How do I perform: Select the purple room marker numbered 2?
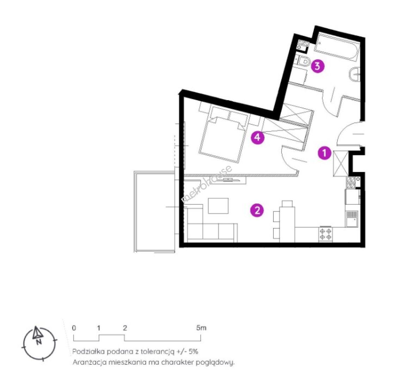click(257, 210)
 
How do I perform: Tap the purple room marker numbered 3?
click(318, 66)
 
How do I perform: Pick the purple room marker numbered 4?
click(257, 137)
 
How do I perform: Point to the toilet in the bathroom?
click(303, 61)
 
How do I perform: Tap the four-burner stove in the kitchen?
click(325, 234)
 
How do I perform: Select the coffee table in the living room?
click(218, 206)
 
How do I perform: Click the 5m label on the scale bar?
click(201, 328)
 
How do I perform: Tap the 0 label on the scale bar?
click(74, 328)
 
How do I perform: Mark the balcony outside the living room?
click(155, 212)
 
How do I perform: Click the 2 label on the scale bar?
click(125, 328)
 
